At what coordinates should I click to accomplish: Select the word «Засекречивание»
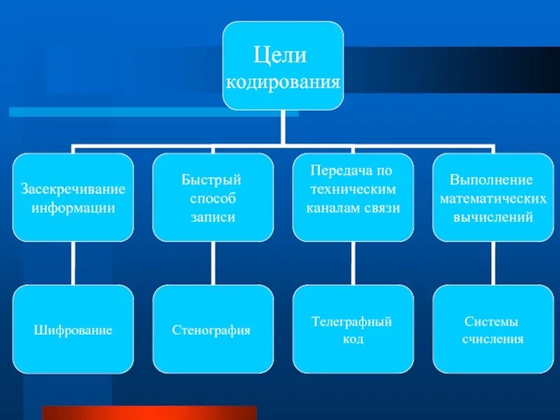(x=73, y=190)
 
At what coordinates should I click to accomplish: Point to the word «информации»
(x=73, y=208)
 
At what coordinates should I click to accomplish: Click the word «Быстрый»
(x=212, y=181)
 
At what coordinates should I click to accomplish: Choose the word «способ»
(x=212, y=199)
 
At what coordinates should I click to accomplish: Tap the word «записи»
(x=212, y=217)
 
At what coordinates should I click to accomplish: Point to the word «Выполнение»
(x=492, y=181)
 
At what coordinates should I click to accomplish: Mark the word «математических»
(x=493, y=199)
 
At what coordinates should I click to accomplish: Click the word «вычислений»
(x=493, y=217)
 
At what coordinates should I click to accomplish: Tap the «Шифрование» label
(x=73, y=330)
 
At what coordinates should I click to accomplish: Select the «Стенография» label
(x=212, y=330)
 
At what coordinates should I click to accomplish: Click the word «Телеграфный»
(x=352, y=321)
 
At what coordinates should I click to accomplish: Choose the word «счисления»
(x=493, y=339)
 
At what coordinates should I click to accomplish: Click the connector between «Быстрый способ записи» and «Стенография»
(x=213, y=263)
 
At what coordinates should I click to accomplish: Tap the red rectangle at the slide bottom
(x=149, y=412)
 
